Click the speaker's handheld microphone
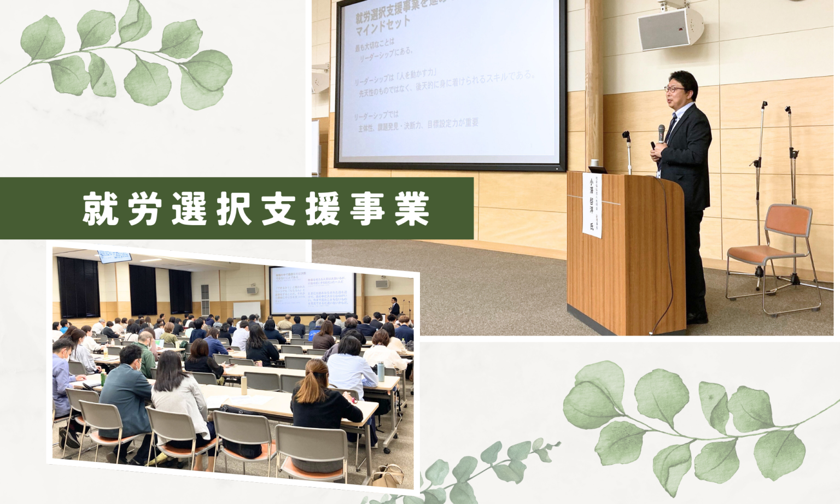(661, 132)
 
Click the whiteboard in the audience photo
(247, 309)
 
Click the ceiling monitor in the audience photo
(115, 255)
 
